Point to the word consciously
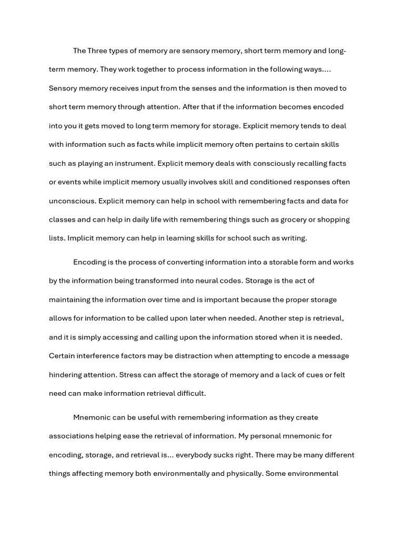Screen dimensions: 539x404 point(276,163)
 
